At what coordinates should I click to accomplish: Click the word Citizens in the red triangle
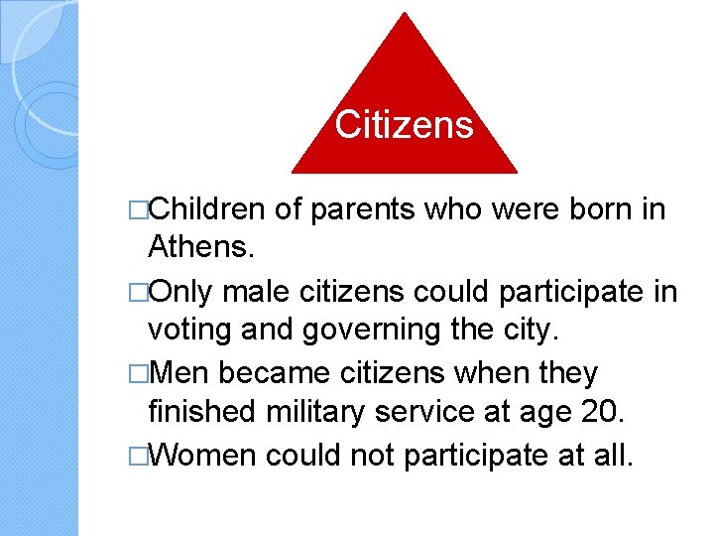pyautogui.click(x=404, y=125)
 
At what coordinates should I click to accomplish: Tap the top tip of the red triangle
pyautogui.click(x=405, y=15)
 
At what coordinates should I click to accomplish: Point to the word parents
pyautogui.click(x=363, y=209)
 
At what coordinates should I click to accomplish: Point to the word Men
pyautogui.click(x=178, y=374)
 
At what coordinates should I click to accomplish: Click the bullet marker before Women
pyautogui.click(x=138, y=456)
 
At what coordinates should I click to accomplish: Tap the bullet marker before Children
pyautogui.click(x=138, y=210)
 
